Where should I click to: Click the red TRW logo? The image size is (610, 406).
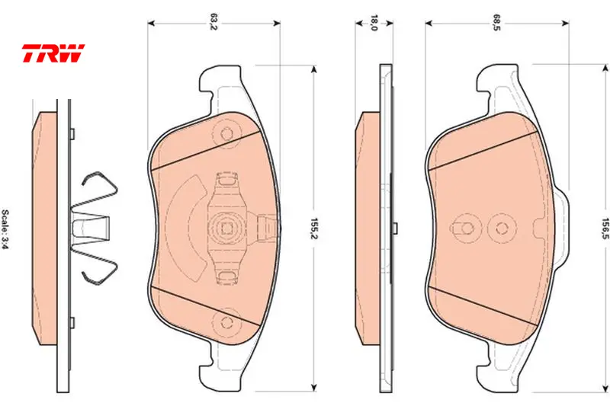click(x=53, y=53)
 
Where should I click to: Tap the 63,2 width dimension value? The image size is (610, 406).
click(x=213, y=22)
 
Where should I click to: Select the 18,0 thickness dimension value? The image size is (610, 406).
click(x=374, y=23)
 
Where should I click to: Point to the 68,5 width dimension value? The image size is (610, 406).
click(x=497, y=22)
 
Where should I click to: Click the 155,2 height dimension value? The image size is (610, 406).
click(x=314, y=228)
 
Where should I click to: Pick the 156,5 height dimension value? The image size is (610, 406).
click(x=605, y=229)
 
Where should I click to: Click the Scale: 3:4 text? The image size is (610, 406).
click(x=5, y=229)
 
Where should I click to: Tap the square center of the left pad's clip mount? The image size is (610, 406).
click(x=226, y=228)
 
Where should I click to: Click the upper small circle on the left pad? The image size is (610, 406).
click(x=226, y=134)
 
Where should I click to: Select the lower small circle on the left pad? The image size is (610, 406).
click(x=226, y=322)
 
